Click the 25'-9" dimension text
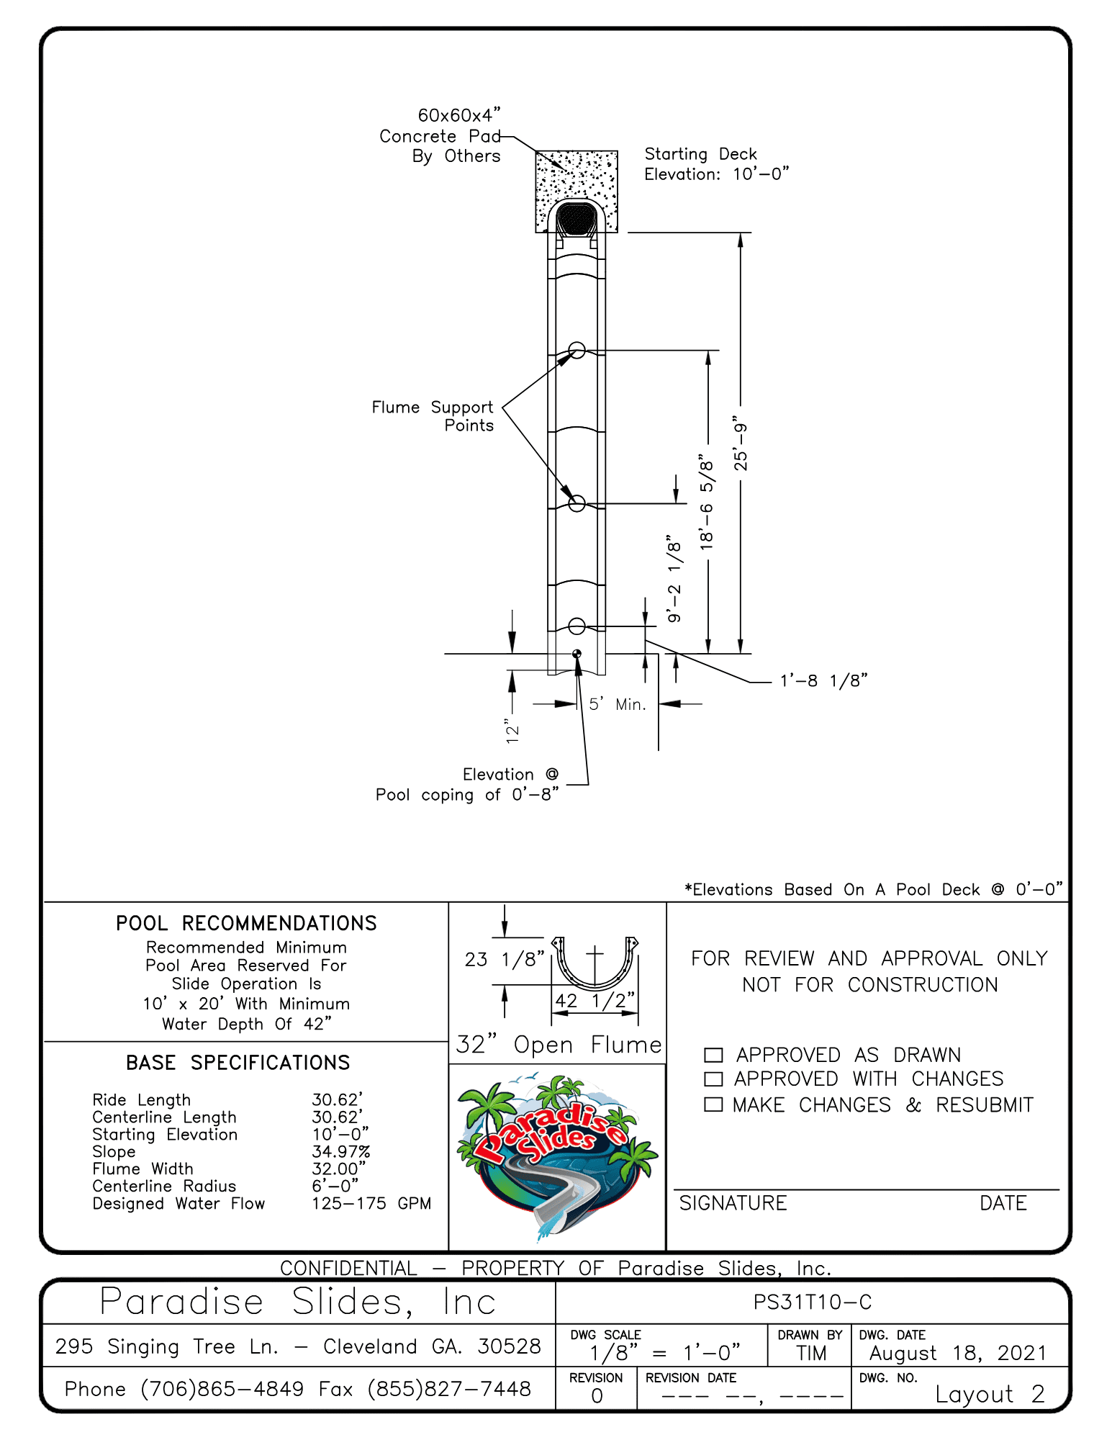point(740,444)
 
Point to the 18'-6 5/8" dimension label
point(707,503)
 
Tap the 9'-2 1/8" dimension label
point(674,579)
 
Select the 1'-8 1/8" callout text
point(824,680)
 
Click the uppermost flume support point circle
point(577,351)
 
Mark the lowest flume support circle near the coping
point(577,626)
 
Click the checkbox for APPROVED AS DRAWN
point(713,1055)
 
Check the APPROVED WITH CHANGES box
point(713,1079)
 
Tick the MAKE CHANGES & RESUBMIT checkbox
point(713,1104)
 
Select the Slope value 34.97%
point(340,1152)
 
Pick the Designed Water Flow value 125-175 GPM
point(371,1204)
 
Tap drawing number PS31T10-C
point(813,1302)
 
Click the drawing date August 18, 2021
point(957,1354)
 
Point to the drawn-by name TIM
point(811,1354)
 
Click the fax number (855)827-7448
point(449,1389)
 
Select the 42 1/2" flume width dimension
point(595,1000)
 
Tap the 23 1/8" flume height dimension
point(504,959)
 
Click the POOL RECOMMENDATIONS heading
point(246,923)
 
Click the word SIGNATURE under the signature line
point(733,1203)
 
